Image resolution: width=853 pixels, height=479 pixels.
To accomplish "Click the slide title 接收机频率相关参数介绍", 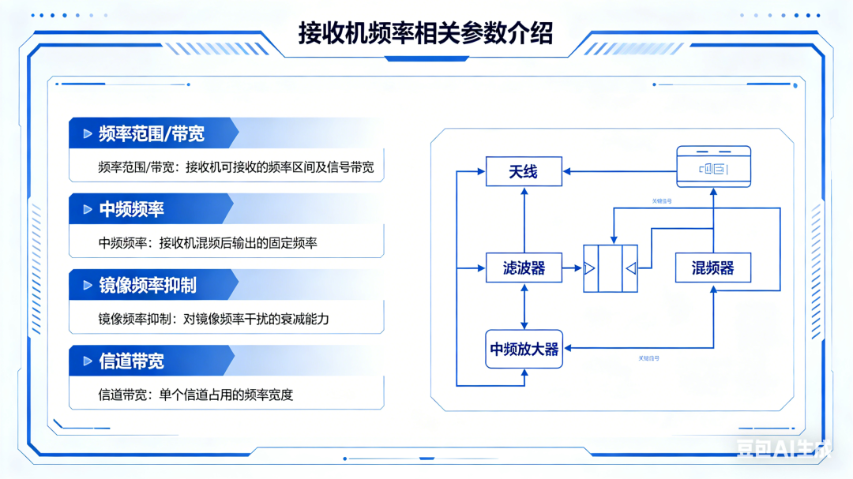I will pyautogui.click(x=426, y=33).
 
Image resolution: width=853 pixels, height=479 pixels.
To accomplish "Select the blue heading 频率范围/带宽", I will pyautogui.click(x=152, y=133).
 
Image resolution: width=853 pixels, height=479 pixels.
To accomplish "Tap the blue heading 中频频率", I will pyautogui.click(x=131, y=209).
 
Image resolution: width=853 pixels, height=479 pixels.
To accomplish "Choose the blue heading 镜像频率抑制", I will pyautogui.click(x=148, y=285).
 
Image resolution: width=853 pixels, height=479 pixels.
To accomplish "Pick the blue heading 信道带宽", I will pyautogui.click(x=131, y=361).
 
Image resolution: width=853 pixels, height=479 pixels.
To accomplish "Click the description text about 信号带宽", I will pyautogui.click(x=235, y=167).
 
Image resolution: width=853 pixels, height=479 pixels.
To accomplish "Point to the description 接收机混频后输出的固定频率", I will pyautogui.click(x=207, y=243).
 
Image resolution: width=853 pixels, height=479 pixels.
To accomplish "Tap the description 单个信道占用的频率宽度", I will pyautogui.click(x=195, y=395).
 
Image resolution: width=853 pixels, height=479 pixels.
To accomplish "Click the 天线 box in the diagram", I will pyautogui.click(x=524, y=171).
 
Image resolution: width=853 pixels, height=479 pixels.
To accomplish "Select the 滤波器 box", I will pyautogui.click(x=524, y=268).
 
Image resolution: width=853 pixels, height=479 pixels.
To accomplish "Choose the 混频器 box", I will pyautogui.click(x=712, y=268).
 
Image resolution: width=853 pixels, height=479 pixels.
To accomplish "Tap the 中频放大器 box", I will pyautogui.click(x=524, y=349).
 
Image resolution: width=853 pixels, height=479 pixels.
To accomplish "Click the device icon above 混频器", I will pyautogui.click(x=713, y=167).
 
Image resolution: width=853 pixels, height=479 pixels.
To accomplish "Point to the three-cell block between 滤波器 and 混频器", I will pyautogui.click(x=610, y=269).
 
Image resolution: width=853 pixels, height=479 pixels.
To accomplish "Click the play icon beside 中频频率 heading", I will pyautogui.click(x=88, y=210).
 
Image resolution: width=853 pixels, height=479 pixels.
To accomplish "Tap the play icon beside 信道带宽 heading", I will pyautogui.click(x=88, y=361).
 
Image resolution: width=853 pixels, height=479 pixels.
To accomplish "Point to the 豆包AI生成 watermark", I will pyautogui.click(x=783, y=449).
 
